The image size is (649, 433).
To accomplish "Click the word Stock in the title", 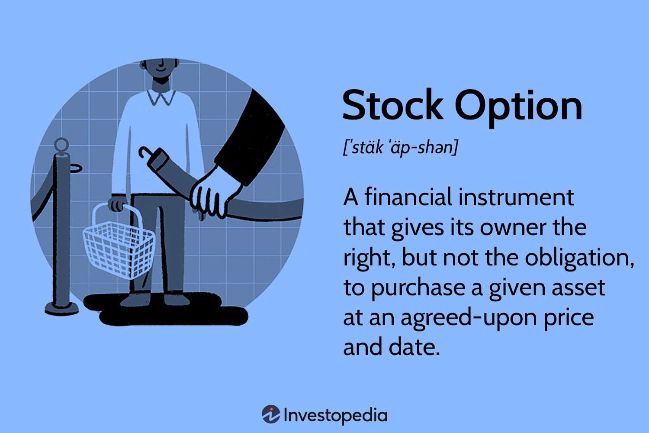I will pos(392,106).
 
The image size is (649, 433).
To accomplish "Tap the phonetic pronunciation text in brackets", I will pos(400,148).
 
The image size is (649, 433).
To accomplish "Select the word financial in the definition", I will pos(408,197).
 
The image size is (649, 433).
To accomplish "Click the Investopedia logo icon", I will pos(271,415).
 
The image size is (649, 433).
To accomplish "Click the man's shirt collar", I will pos(161,97).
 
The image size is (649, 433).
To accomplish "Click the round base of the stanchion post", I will pos(61,308).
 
